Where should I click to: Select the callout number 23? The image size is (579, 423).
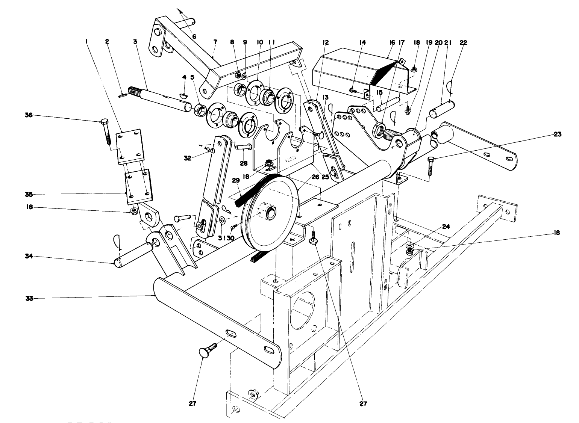pos(558,134)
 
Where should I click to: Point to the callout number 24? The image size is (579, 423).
pos(446,227)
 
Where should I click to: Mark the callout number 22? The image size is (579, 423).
pos(463,43)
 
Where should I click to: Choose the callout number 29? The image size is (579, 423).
pos(236,181)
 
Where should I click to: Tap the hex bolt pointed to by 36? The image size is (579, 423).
pos(105,131)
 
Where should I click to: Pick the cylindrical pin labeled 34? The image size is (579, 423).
pos(133,254)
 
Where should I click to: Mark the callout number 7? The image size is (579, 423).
pos(215,43)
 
